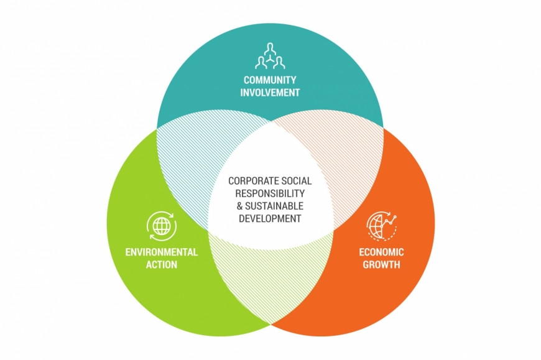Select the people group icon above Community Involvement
270,56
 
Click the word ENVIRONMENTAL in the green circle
162,252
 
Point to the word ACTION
162,265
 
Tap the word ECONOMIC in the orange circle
381,252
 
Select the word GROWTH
381,265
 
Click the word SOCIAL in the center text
294,181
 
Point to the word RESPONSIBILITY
270,193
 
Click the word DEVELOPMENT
270,218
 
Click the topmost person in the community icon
270,47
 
